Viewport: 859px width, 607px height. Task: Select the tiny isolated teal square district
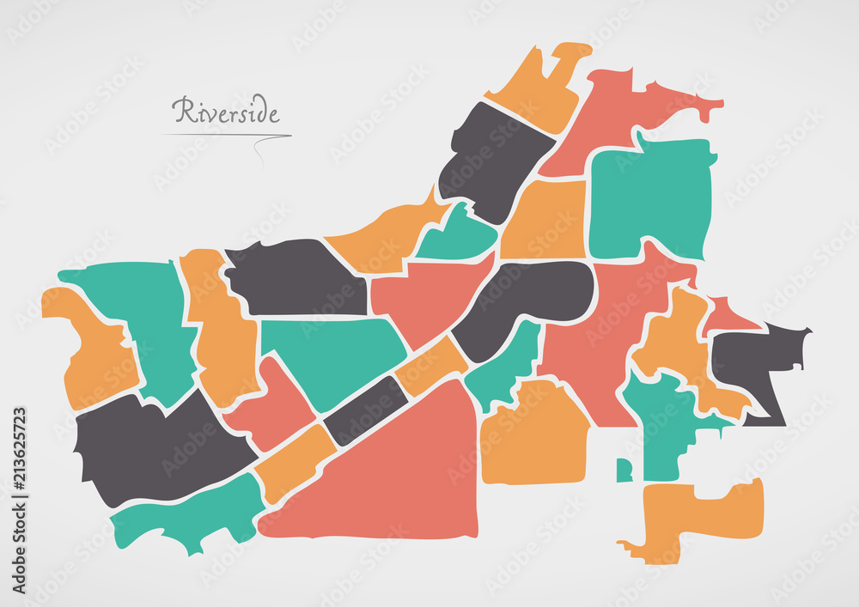click(624, 470)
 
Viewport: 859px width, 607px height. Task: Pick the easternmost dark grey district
click(756, 361)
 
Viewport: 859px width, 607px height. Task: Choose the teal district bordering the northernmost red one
click(651, 197)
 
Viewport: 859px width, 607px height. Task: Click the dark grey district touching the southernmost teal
click(155, 446)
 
